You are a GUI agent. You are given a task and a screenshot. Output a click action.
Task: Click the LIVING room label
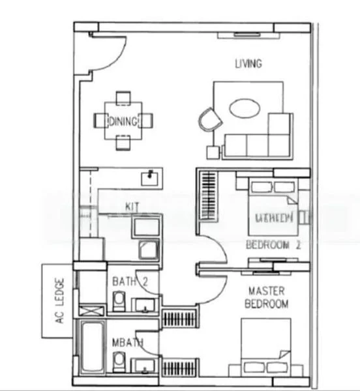tap(248, 63)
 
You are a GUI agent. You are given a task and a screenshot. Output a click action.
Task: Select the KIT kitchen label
tap(132, 206)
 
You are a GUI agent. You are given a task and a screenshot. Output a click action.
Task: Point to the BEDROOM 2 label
tap(273, 246)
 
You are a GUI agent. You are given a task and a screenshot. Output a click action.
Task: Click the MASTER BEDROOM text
tap(267, 297)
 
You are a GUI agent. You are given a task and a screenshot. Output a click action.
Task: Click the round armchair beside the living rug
tap(210, 121)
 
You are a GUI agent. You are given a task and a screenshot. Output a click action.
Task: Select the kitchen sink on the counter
tap(151, 176)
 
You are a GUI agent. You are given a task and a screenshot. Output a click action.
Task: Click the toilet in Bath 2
tap(119, 301)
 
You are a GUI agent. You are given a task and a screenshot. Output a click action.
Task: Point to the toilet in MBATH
tap(119, 360)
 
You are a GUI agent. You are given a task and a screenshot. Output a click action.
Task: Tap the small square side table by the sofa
tap(213, 152)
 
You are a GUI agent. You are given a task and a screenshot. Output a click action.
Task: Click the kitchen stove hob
tap(147, 250)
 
